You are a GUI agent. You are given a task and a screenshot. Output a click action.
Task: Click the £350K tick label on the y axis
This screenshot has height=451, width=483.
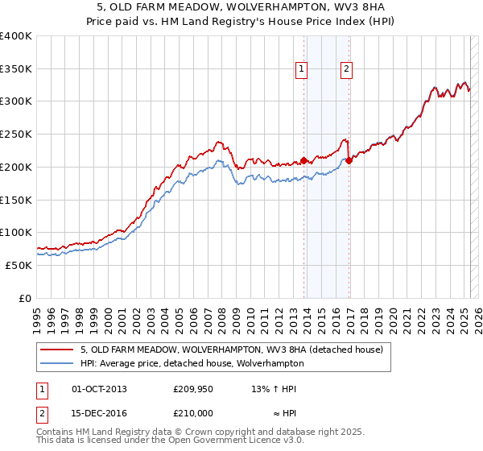[16, 69]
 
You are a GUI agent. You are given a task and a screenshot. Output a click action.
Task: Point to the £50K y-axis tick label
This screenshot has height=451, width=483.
[19, 265]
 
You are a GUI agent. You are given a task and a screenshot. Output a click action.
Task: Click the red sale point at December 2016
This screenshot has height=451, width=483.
[349, 161]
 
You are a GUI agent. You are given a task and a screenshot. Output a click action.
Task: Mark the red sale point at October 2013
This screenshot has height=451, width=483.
[303, 160]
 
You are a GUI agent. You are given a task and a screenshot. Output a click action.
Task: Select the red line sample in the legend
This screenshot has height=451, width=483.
[57, 350]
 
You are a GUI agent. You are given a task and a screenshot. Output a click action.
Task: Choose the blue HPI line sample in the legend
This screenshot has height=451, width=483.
[57, 363]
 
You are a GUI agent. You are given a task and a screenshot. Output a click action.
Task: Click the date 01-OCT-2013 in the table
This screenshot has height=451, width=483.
[99, 390]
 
